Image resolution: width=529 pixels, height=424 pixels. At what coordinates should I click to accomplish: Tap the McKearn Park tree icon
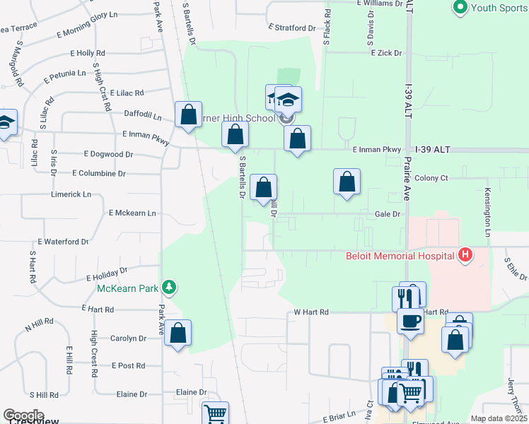click(x=168, y=287)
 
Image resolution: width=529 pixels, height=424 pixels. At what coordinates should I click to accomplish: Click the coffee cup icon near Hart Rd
click(x=409, y=322)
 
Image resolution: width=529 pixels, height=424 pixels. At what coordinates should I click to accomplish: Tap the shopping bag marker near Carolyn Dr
click(x=178, y=334)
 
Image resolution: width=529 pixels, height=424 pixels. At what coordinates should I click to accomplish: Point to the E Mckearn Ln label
click(x=132, y=212)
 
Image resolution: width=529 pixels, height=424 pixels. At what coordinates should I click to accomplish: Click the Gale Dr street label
click(x=388, y=213)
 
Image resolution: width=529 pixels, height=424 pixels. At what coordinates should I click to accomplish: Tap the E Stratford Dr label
click(x=292, y=28)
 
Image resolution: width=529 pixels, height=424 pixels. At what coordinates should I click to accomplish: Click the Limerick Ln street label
click(x=71, y=194)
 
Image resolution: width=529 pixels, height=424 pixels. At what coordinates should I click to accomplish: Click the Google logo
click(x=23, y=416)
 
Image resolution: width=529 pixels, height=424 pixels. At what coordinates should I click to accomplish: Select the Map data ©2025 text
click(x=499, y=418)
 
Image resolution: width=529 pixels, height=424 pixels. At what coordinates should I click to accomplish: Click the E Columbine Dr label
click(x=99, y=173)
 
